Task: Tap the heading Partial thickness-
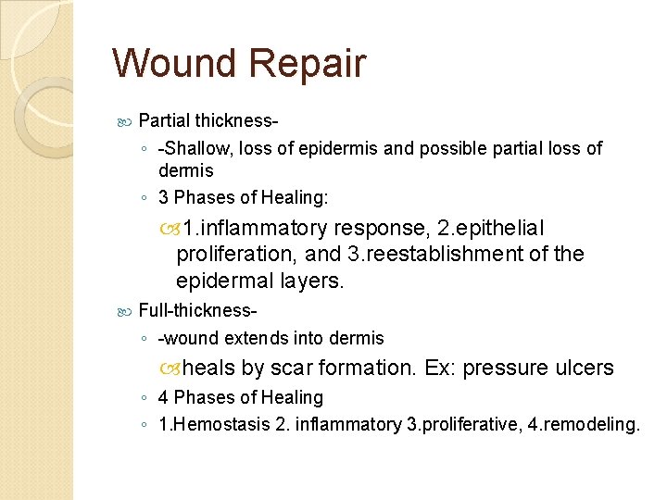[209, 120]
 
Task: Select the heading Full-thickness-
[198, 310]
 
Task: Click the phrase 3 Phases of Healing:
[243, 197]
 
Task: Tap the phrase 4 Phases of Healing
[241, 397]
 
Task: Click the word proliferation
[231, 255]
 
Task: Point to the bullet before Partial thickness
[127, 120]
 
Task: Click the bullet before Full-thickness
[127, 310]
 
